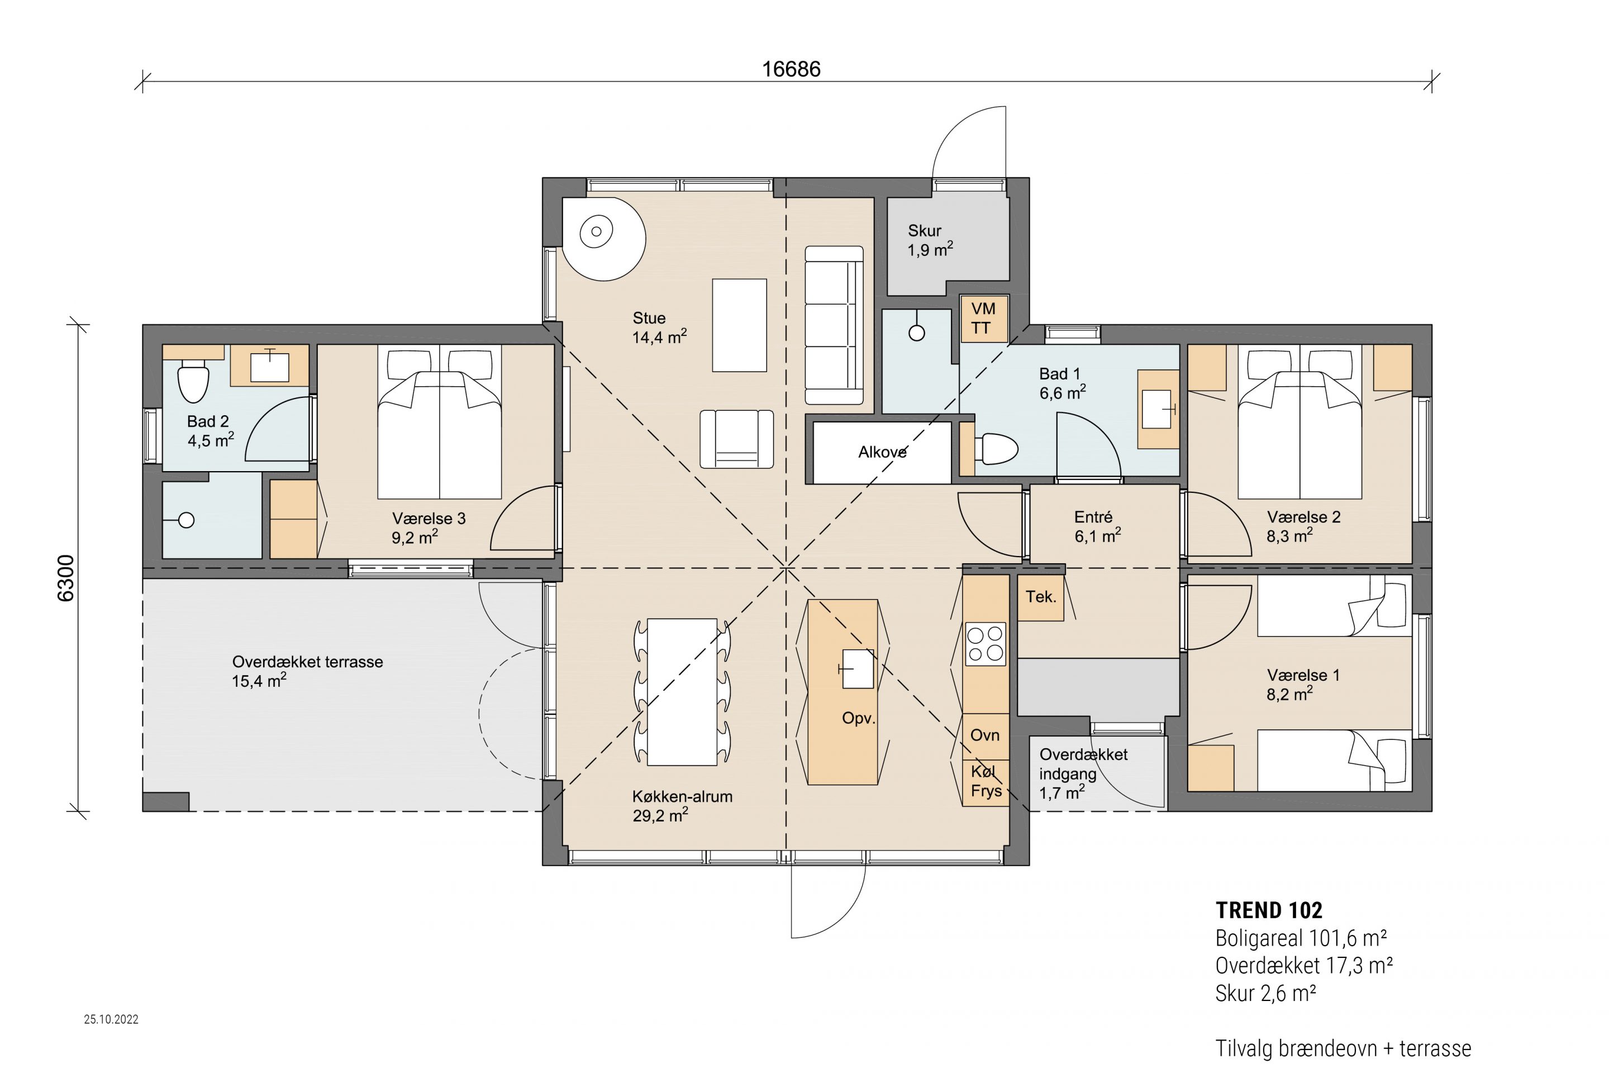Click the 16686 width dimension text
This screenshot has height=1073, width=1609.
791,69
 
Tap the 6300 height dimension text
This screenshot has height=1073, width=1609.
66,578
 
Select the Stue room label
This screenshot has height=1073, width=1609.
649,318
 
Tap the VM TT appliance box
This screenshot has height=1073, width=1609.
984,318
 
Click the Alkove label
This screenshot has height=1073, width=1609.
883,452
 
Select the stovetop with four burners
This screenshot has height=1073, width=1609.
985,644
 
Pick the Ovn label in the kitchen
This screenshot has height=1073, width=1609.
985,735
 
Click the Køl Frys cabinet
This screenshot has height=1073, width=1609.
986,783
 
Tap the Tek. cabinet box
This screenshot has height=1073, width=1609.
1040,597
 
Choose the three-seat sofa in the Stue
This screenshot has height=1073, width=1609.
834,326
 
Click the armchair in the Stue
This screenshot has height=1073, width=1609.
737,439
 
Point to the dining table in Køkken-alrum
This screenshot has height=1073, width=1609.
682,692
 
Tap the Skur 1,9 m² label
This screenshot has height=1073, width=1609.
930,240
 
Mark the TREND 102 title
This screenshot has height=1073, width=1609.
1269,910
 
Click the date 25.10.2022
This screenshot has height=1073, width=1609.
112,1019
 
